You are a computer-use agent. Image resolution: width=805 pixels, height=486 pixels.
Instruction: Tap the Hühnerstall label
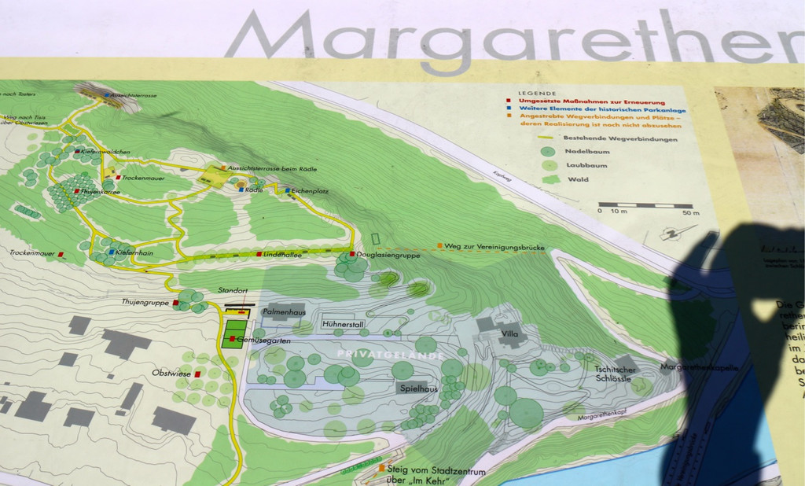343,324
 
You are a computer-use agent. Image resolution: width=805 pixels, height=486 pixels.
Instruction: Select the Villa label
510,333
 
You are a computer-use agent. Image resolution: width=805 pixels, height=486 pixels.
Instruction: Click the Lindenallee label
284,255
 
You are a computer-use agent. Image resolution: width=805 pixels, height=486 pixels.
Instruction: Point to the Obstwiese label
172,373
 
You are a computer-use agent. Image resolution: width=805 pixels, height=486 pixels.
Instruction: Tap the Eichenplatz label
309,190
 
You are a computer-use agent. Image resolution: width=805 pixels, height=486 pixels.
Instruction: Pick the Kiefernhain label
134,253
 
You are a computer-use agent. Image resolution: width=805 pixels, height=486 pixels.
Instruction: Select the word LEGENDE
537,93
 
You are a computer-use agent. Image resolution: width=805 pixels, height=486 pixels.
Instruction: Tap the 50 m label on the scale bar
690,213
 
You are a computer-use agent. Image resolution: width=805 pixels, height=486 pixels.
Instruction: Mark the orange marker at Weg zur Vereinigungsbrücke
439,246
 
